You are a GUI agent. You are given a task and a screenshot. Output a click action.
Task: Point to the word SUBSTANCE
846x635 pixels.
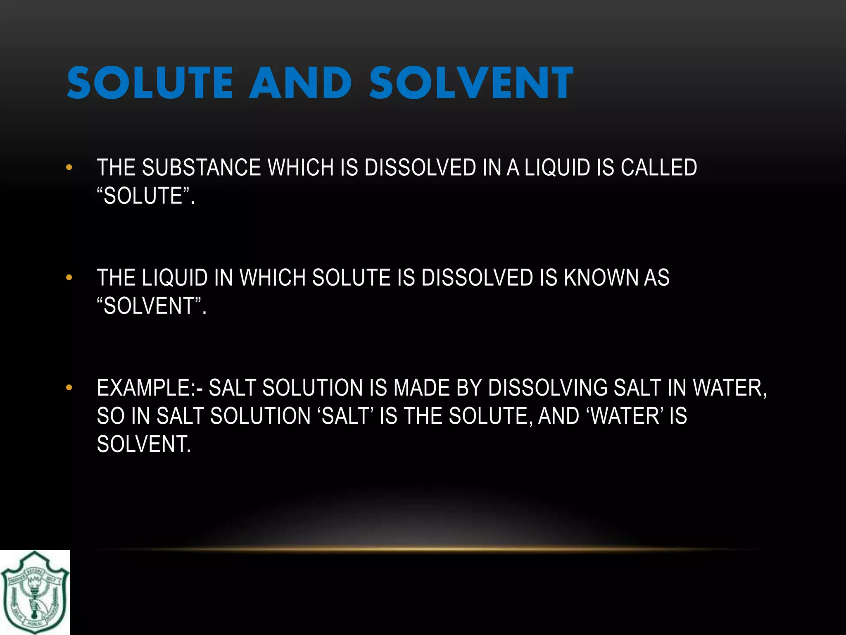click(201, 168)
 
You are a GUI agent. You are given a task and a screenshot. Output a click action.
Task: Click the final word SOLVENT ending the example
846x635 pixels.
click(144, 444)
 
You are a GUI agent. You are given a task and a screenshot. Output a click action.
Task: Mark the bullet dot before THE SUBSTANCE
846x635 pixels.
click(69, 167)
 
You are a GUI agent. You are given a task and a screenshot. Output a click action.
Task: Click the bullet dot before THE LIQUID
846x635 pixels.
click(69, 277)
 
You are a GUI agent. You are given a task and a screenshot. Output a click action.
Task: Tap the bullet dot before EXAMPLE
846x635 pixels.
click(69, 388)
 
